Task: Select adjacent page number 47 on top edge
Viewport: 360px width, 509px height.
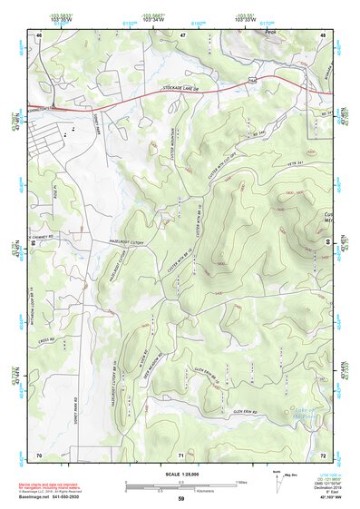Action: pyautogui.click(x=182, y=34)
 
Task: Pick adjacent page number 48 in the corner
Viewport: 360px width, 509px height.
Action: pyautogui.click(x=323, y=34)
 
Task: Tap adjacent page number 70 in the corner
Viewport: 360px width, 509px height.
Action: pyautogui.click(x=39, y=453)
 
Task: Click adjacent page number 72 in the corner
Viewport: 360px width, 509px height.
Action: pyautogui.click(x=323, y=453)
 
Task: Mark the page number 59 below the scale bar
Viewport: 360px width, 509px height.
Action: pyautogui.click(x=181, y=499)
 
